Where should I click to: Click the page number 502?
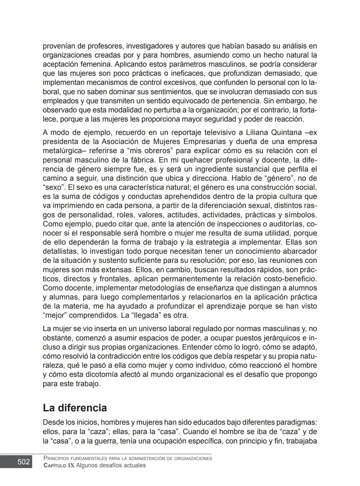23,462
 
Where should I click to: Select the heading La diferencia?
75,408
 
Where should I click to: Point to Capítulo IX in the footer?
59,465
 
